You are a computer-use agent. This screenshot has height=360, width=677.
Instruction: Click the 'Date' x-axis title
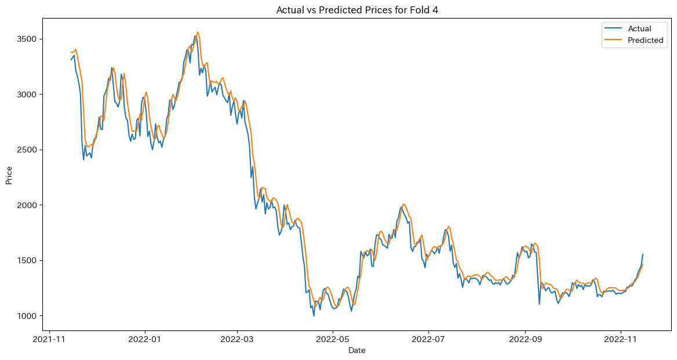tap(356, 351)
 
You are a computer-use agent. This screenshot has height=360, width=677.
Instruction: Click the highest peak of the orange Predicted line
tap(198, 32)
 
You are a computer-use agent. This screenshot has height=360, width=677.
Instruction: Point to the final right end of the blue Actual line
tap(643, 254)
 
